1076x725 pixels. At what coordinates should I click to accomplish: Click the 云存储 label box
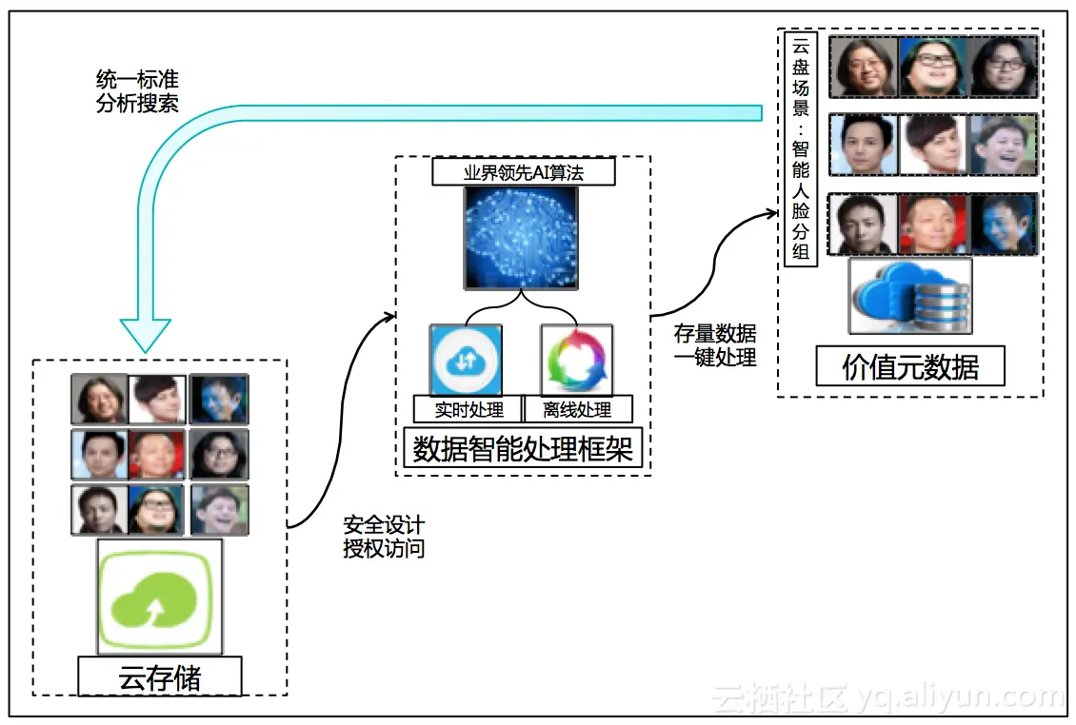(159, 677)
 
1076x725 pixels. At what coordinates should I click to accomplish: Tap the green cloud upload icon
(160, 598)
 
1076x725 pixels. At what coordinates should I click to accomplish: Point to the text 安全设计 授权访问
(384, 538)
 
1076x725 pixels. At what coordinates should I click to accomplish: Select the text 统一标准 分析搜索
(137, 91)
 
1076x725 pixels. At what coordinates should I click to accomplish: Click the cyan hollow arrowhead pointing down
(146, 333)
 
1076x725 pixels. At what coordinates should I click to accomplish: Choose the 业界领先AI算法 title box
(523, 172)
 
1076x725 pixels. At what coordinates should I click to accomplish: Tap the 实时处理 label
(468, 410)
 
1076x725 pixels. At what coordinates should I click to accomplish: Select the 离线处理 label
(577, 410)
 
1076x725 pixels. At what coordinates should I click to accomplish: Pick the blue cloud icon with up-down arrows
(466, 361)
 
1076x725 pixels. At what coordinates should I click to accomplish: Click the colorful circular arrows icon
(576, 361)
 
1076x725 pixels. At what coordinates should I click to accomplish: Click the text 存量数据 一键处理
(715, 345)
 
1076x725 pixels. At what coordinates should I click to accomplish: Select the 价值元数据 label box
(910, 367)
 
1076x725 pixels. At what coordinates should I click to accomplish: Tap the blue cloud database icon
(910, 296)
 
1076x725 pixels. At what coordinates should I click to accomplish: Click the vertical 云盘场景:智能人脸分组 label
(801, 148)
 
